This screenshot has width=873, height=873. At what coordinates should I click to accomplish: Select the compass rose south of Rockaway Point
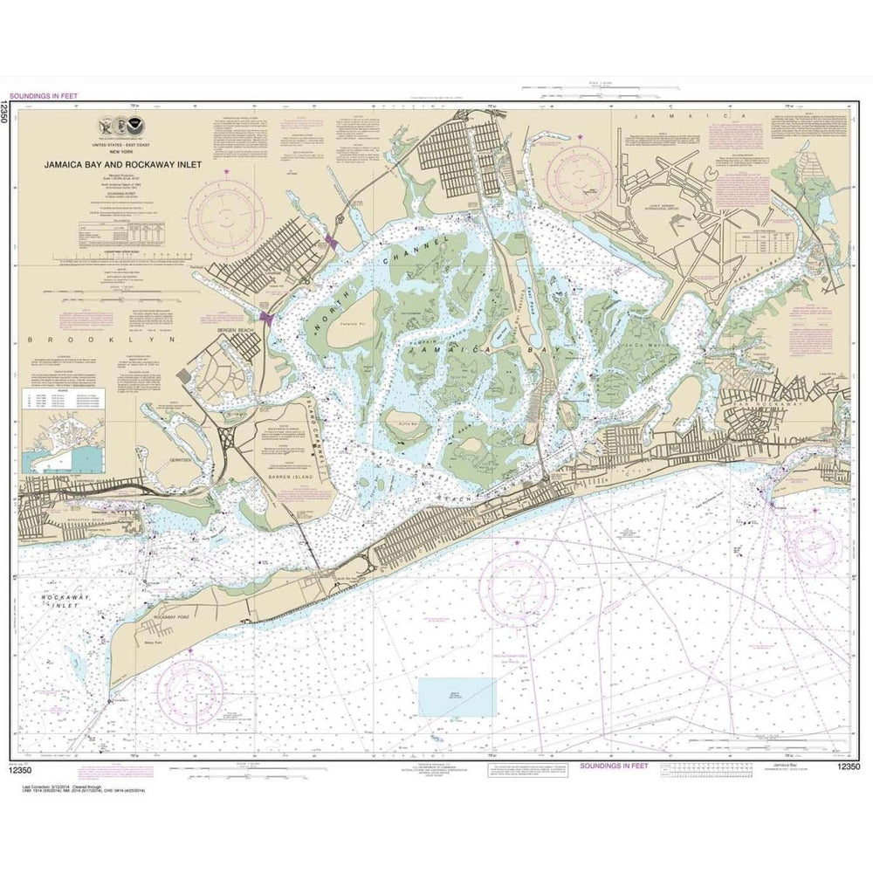click(x=189, y=692)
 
